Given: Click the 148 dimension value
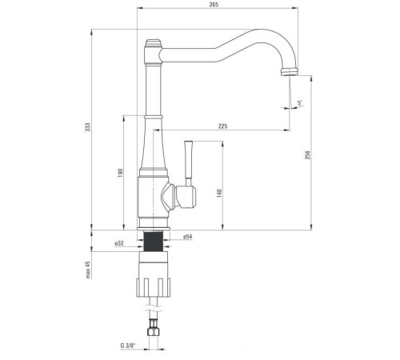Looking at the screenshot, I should point(219,192).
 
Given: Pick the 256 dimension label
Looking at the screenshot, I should point(309,155).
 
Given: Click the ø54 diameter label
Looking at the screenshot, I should point(187,237).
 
